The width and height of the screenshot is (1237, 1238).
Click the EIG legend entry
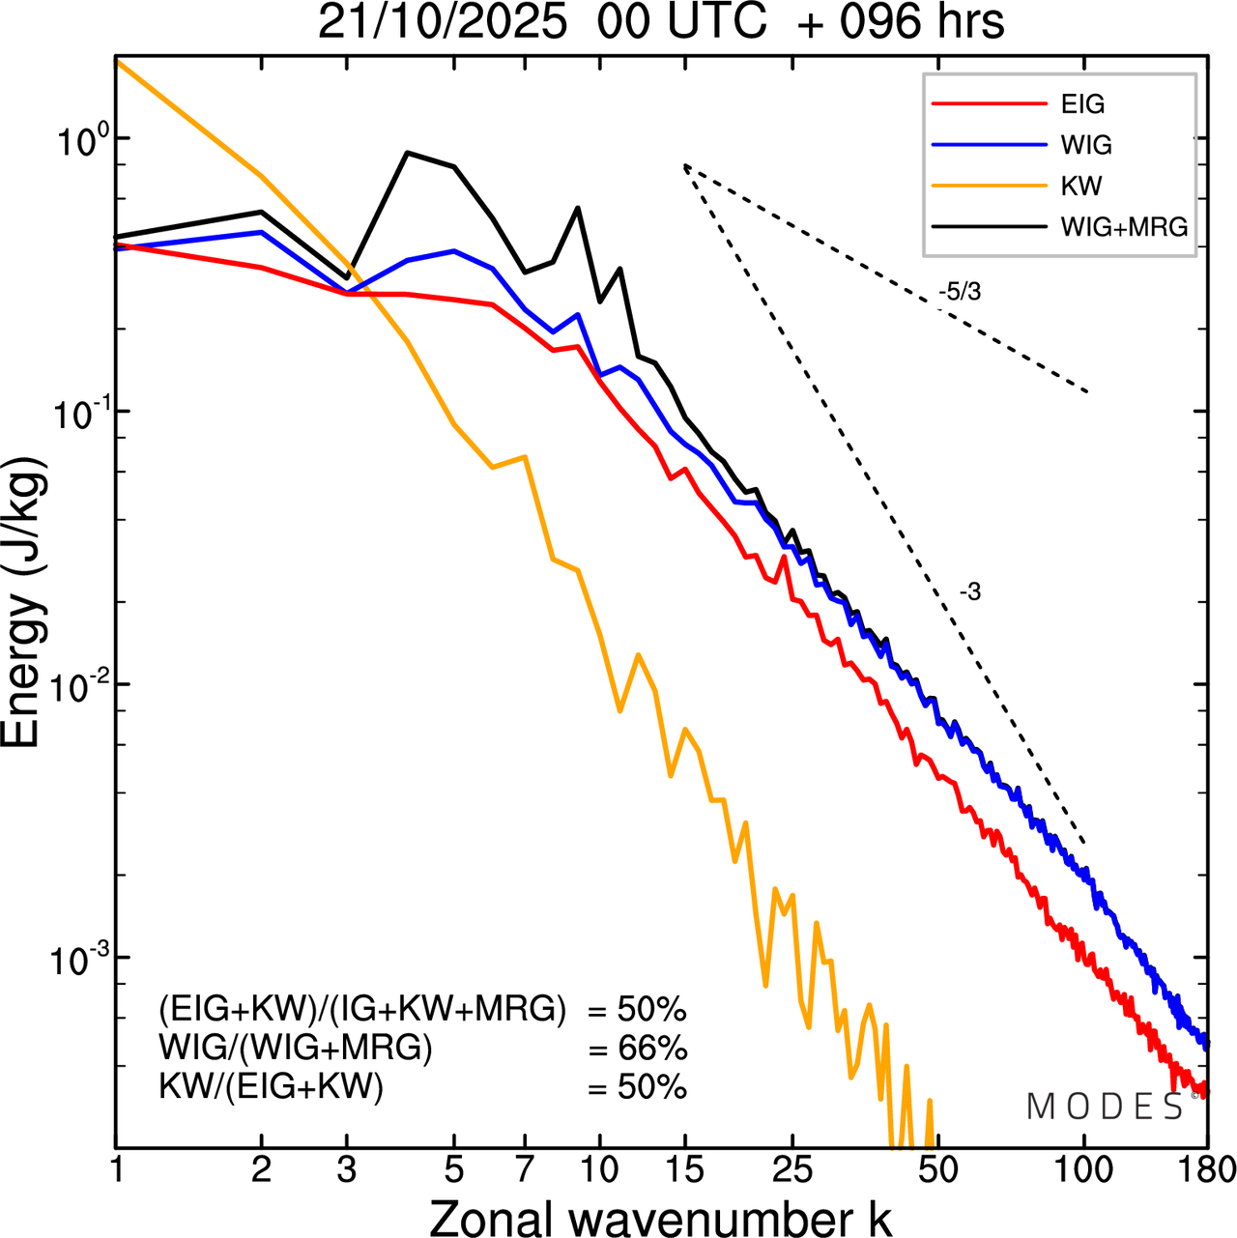tap(1082, 104)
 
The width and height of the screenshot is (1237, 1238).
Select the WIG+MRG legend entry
tap(1124, 227)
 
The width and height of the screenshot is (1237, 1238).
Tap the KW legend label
tap(1081, 186)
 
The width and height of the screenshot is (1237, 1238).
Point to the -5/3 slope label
tap(959, 291)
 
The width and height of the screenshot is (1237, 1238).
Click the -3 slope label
tap(969, 592)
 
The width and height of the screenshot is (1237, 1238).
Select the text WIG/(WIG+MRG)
tap(296, 1049)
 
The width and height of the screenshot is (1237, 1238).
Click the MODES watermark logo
tap(1106, 1107)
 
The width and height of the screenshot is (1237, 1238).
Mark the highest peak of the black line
tap(408, 153)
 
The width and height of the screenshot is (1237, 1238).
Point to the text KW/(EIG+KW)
tap(272, 1087)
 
